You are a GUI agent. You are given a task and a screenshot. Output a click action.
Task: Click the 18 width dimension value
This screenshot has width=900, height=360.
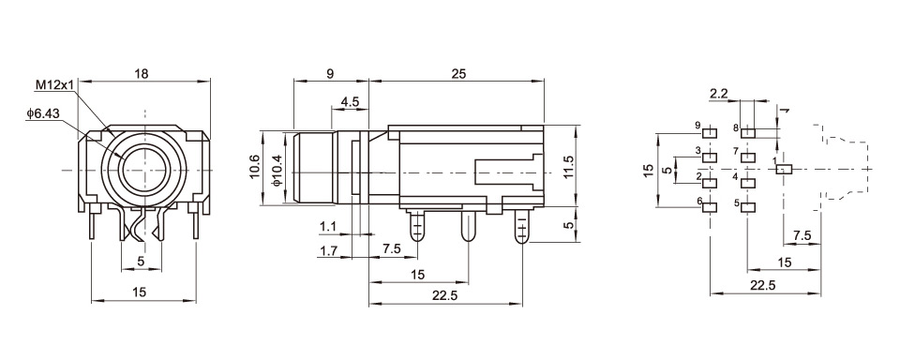coord(141,73)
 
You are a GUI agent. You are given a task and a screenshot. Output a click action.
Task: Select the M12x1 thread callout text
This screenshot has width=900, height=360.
coord(55,85)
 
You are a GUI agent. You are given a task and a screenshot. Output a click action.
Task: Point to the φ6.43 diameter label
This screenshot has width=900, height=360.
coord(42,113)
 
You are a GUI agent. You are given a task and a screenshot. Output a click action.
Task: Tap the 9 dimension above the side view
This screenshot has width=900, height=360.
coord(329,73)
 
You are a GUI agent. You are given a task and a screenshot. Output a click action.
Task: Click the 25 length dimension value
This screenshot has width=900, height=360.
coord(459,73)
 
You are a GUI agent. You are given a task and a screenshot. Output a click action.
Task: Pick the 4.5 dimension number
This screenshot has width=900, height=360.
coord(350,101)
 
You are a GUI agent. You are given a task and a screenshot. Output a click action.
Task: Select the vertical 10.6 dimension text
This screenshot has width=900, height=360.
coord(255,167)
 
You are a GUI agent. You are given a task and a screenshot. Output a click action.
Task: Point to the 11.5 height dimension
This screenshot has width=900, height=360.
coord(569,167)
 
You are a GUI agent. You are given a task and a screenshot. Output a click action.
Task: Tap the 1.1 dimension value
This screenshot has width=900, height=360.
coord(328,228)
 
